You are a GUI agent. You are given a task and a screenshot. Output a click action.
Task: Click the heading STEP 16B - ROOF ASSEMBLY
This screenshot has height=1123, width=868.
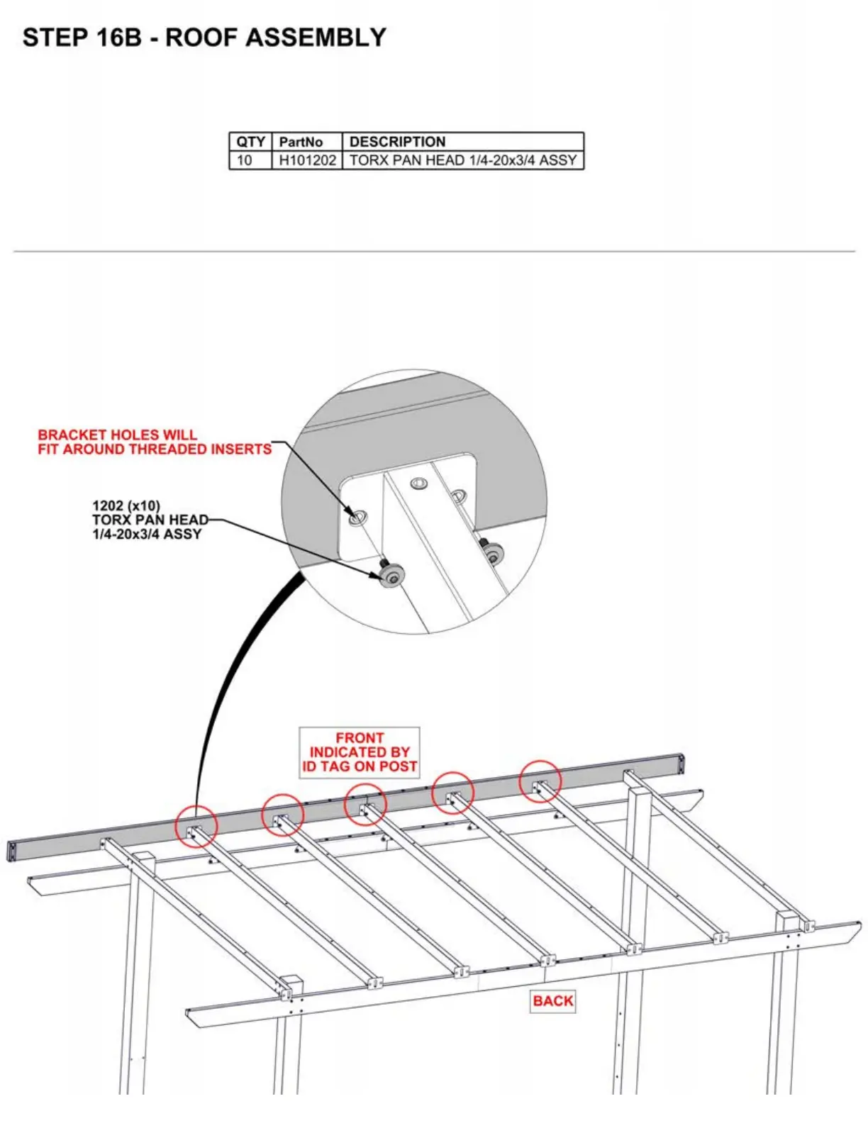pos(204,38)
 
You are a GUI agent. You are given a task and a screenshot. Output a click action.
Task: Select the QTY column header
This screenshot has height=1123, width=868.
pos(250,142)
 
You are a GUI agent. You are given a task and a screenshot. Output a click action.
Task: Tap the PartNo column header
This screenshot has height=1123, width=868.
pos(301,142)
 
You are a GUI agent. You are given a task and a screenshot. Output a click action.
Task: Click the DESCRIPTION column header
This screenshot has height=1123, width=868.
pos(397,142)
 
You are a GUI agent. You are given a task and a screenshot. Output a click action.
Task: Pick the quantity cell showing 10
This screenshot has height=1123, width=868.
pos(244,160)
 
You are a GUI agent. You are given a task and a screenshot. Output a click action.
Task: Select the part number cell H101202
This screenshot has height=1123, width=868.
pos(307,160)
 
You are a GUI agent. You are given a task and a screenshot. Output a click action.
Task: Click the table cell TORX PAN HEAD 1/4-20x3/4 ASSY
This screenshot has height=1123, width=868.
pos(462,160)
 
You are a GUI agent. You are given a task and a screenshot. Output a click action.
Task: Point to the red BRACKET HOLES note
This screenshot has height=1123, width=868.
pos(154,442)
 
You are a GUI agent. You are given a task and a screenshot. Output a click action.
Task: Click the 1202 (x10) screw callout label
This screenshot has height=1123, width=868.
pos(150,520)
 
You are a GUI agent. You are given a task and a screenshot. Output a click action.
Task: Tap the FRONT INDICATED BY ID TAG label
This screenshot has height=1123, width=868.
pos(360,752)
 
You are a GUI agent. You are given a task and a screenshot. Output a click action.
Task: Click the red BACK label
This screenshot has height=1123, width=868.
pos(552,1000)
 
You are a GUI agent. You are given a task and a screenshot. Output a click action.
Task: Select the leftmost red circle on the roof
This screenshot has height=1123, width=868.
pos(196,826)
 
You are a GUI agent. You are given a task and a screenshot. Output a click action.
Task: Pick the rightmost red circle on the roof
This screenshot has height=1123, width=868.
pos(540,781)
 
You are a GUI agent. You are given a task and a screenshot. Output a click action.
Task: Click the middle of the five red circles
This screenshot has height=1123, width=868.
pos(365,804)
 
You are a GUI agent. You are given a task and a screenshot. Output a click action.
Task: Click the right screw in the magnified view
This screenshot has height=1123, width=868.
pos(492,553)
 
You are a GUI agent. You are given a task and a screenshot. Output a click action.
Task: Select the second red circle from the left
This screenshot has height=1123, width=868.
pos(283,815)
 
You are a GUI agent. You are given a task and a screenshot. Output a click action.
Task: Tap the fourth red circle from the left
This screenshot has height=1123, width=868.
pos(452,792)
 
